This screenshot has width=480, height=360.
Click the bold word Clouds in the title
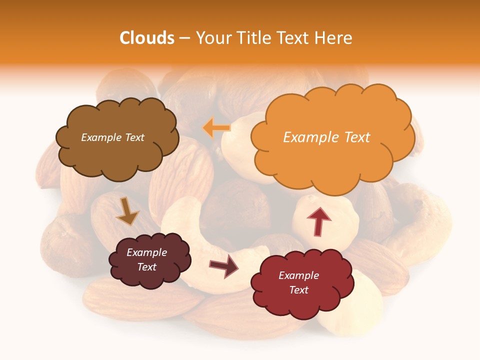click(147, 38)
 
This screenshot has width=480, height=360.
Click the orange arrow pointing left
click(216, 128)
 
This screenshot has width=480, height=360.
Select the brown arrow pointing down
click(126, 211)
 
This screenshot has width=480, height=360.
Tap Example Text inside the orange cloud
click(326, 137)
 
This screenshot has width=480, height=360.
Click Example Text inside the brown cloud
click(112, 137)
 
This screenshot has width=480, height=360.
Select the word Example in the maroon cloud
click(146, 252)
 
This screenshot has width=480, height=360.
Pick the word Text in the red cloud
click(298, 290)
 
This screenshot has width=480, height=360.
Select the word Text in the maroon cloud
click(146, 267)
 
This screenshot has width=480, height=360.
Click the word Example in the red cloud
click(298, 275)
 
